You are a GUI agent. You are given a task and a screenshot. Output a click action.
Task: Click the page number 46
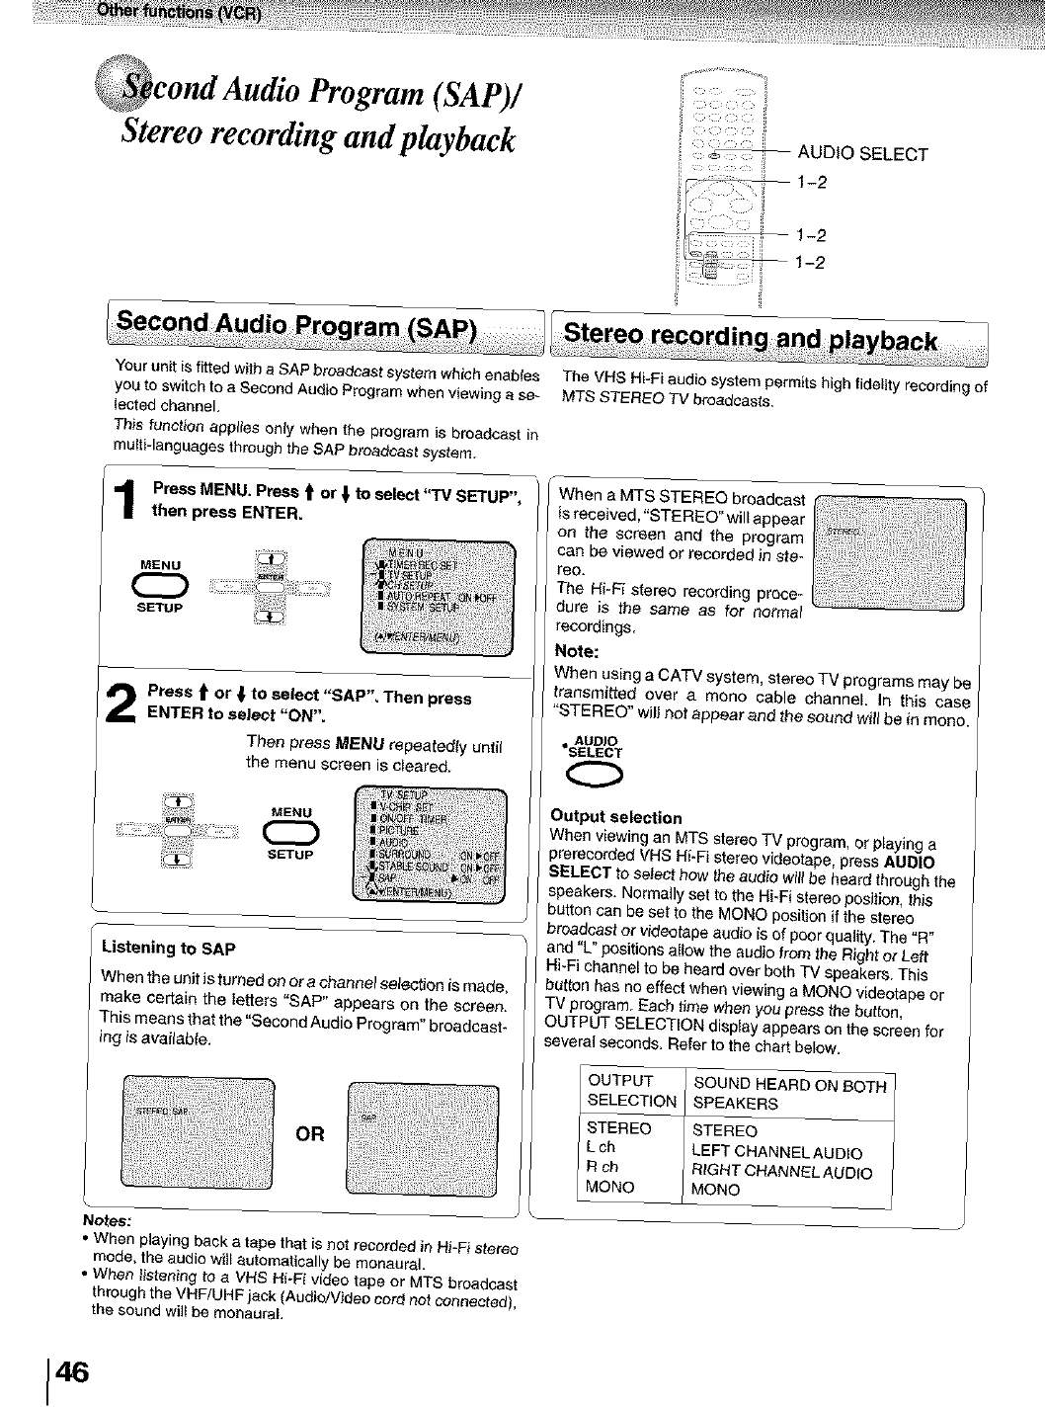tap(71, 1372)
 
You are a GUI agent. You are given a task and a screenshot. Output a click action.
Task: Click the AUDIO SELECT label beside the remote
tap(862, 154)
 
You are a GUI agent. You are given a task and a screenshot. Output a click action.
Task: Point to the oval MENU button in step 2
tap(289, 833)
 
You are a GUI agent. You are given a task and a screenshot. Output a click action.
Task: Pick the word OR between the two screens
tap(310, 1133)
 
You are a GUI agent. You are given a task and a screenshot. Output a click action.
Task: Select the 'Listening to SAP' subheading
tap(168, 949)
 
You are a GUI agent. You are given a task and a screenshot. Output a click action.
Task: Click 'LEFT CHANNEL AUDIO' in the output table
tap(776, 1152)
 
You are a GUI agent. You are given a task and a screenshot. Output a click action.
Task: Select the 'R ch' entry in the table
tap(602, 1167)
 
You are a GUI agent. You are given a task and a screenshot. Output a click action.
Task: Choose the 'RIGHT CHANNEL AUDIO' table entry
tap(781, 1172)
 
